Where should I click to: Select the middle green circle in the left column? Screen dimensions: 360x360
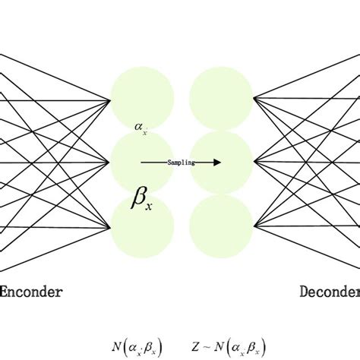click(143, 162)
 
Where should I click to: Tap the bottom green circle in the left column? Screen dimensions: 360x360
click(143, 226)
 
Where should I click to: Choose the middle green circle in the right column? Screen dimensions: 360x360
click(220, 162)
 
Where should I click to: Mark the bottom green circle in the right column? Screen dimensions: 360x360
click(220, 226)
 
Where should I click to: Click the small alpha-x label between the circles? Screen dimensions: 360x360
click(141, 130)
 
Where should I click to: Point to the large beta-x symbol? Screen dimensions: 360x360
click(141, 200)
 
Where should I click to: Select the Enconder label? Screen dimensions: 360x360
click(30, 291)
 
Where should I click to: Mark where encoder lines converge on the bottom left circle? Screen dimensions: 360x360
click(112, 226)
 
